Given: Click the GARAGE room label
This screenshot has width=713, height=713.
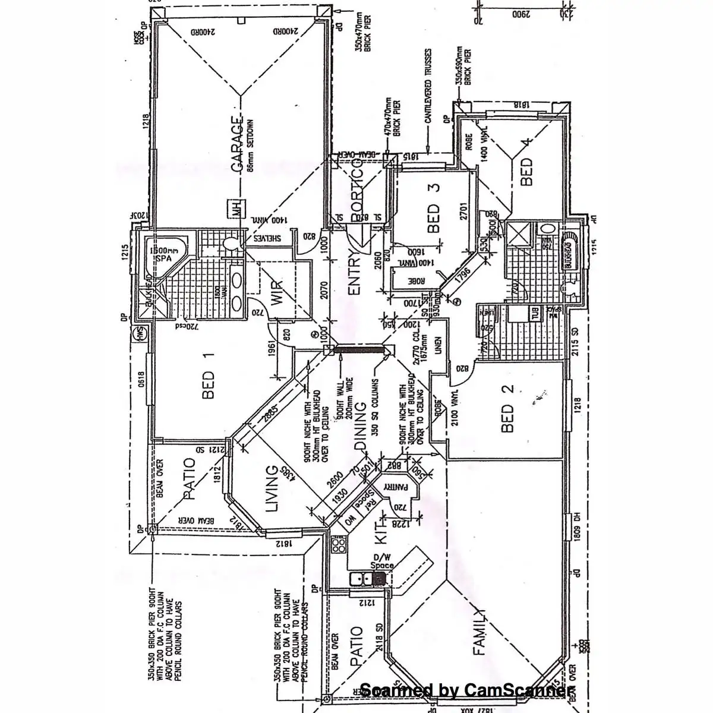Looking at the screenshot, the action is pyautogui.click(x=237, y=146).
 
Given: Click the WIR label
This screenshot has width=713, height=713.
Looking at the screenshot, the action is pyautogui.click(x=277, y=292).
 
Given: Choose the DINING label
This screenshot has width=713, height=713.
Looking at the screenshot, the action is pyautogui.click(x=360, y=428).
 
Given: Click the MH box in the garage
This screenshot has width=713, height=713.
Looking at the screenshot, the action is pyautogui.click(x=236, y=210).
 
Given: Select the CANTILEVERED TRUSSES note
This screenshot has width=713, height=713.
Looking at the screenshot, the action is pyautogui.click(x=428, y=102).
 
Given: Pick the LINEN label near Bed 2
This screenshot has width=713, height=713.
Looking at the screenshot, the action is pyautogui.click(x=438, y=348).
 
